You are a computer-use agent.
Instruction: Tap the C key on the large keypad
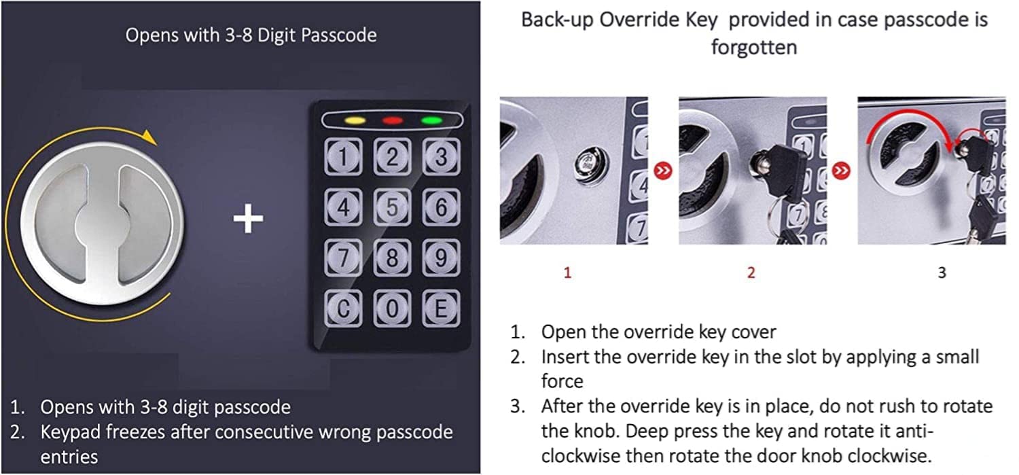[344, 309]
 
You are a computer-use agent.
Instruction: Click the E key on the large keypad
[441, 309]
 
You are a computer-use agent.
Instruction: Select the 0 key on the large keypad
[393, 309]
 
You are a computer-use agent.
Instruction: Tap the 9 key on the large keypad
[441, 258]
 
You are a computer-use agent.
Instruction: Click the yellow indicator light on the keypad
[355, 121]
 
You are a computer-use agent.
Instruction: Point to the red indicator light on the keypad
[392, 121]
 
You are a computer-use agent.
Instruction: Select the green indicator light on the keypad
[431, 121]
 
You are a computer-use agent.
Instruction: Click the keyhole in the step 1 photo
[586, 164]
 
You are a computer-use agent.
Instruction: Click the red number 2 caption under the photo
[751, 273]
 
